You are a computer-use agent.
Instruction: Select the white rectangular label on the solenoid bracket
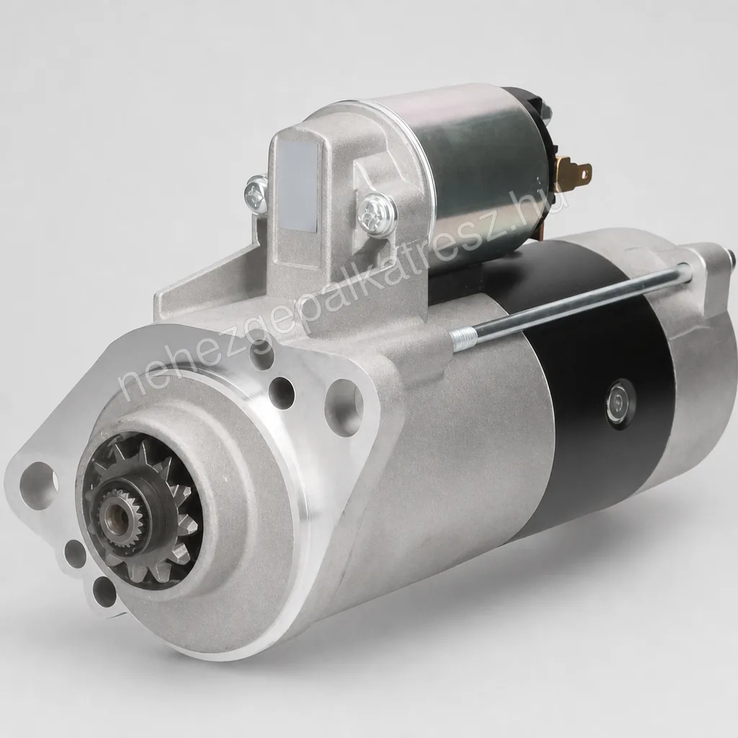pyautogui.click(x=298, y=187)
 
